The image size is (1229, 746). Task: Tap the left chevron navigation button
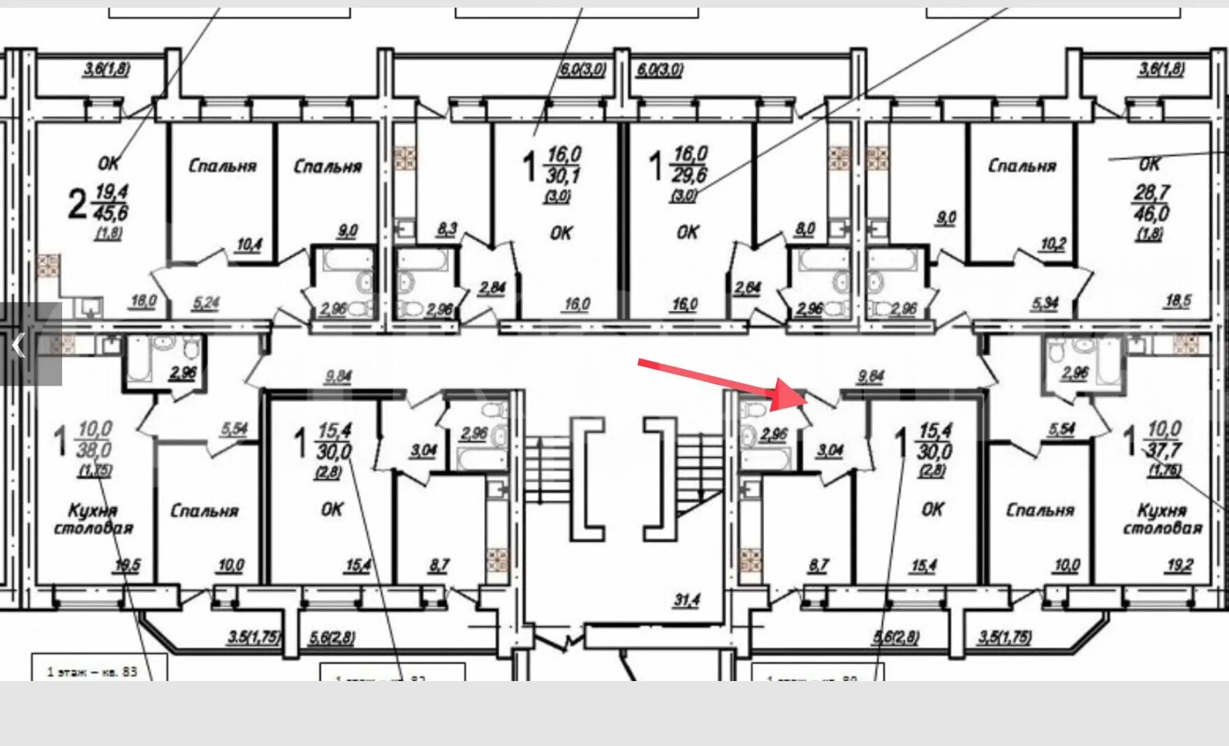click(x=19, y=345)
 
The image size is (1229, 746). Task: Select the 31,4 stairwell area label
click(x=686, y=600)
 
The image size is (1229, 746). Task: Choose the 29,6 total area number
click(x=691, y=174)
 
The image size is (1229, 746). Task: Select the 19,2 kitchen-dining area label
click(x=1179, y=565)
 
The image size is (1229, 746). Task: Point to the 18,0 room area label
click(x=143, y=301)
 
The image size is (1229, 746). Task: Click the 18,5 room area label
click(x=1178, y=301)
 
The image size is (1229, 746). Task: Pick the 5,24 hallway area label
click(x=205, y=303)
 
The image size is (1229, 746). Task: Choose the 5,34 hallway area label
click(x=1045, y=303)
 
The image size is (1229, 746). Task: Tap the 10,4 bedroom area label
click(x=249, y=244)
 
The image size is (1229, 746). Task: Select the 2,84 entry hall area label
click(x=492, y=287)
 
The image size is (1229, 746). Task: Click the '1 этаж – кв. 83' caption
click(x=92, y=672)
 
